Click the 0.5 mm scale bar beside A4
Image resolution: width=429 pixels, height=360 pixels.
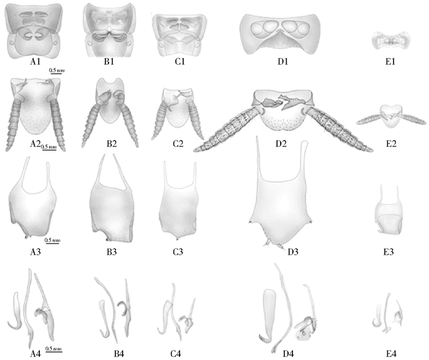(x=55, y=348)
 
